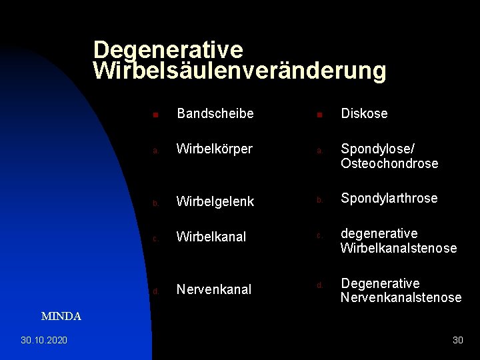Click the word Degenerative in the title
[168, 50]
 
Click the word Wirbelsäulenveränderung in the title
[240, 71]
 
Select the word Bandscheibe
[215, 114]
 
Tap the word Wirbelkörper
[214, 149]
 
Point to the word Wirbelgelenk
[215, 201]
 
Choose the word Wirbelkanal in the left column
[211, 237]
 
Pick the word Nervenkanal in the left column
[213, 289]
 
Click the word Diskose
[364, 114]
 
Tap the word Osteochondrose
[389, 163]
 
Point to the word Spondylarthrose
[389, 199]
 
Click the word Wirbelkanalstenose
[399, 248]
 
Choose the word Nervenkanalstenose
[401, 297]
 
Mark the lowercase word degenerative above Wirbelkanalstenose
[379, 234]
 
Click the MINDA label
[61, 317]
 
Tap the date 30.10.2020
[44, 340]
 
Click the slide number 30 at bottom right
[457, 340]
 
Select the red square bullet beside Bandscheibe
[155, 115]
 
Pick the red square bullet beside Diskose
[319, 115]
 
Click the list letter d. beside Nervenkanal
[155, 291]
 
